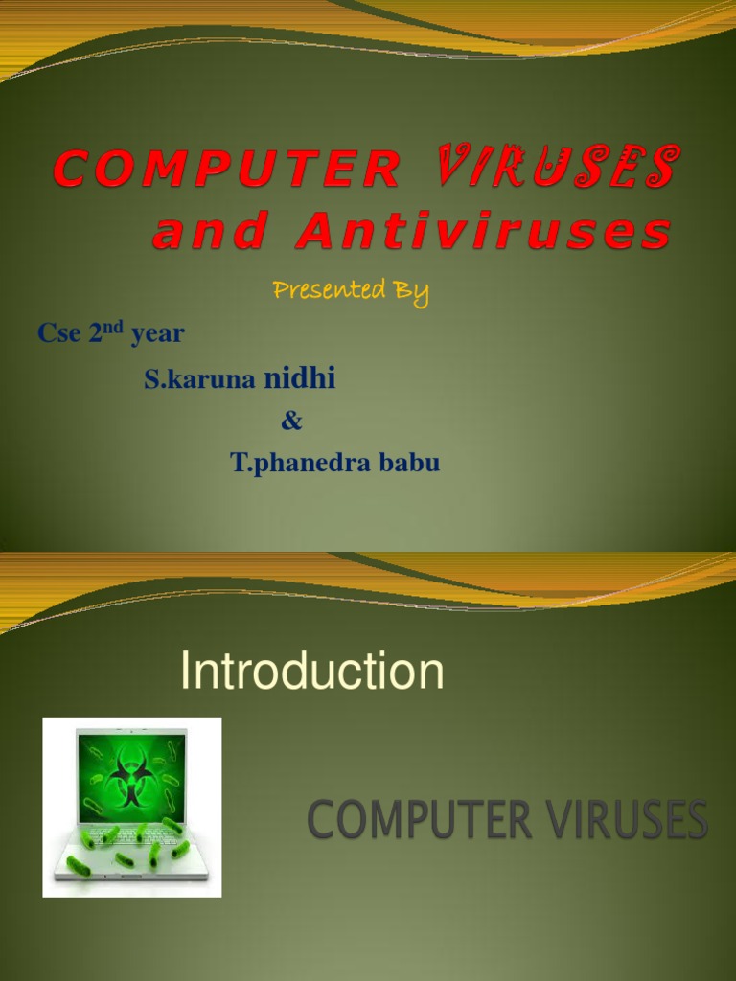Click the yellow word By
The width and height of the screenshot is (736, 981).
click(408, 291)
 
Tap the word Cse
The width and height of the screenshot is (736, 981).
click(60, 334)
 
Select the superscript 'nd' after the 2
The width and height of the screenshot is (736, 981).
click(115, 327)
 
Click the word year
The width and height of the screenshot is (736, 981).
click(158, 334)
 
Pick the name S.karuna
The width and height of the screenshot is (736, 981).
click(199, 380)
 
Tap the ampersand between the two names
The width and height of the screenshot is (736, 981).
click(291, 422)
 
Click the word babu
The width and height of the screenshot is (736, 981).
click(413, 465)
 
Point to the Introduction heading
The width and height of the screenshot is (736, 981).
click(312, 672)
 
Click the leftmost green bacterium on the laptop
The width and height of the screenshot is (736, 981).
click(77, 864)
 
